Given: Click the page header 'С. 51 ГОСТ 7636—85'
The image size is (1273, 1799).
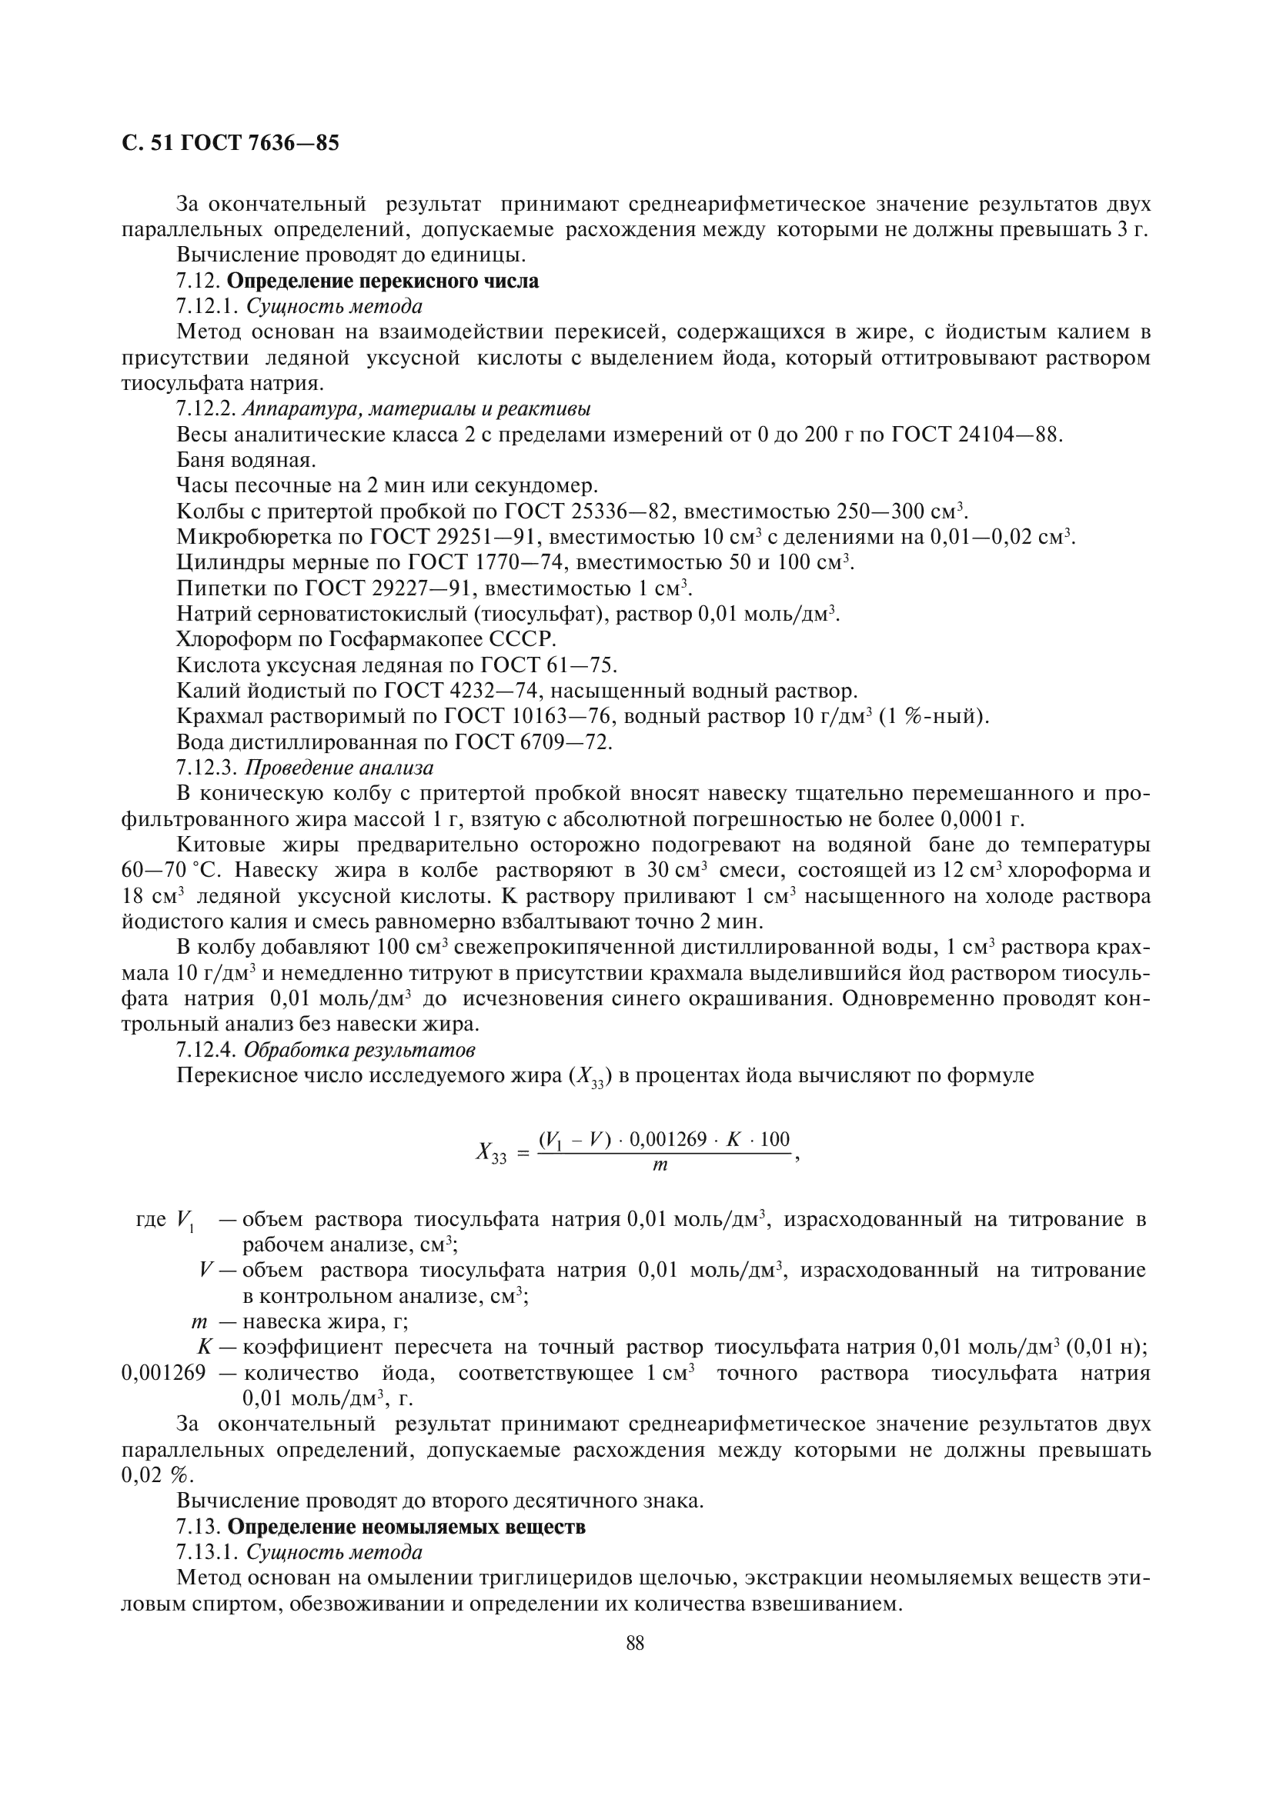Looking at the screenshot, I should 230,143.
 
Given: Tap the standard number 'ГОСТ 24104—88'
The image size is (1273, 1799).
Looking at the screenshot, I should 977,435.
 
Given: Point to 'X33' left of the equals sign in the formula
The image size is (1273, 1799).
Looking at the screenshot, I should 492,1152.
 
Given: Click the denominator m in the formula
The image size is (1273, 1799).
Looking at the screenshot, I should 660,1166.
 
